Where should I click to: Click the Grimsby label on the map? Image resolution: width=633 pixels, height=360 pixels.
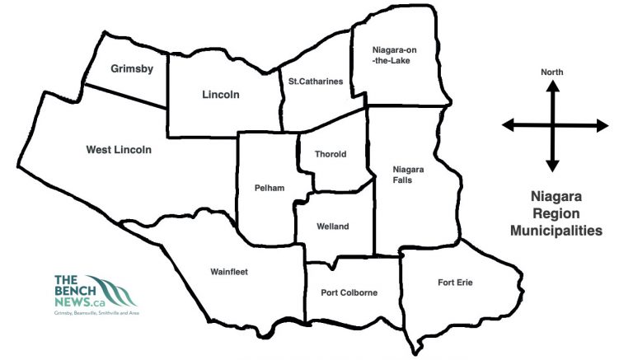coord(132,69)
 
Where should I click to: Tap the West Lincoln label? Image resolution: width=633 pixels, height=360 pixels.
coord(119,150)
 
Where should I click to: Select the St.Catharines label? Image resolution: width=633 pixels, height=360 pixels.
coord(315,81)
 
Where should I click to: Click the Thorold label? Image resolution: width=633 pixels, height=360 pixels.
coord(331,154)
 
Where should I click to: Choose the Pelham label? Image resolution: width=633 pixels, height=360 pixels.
coord(270,188)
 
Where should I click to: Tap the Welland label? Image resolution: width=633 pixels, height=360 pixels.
coord(333,227)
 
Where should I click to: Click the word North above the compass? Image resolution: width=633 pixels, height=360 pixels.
coord(552,72)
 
